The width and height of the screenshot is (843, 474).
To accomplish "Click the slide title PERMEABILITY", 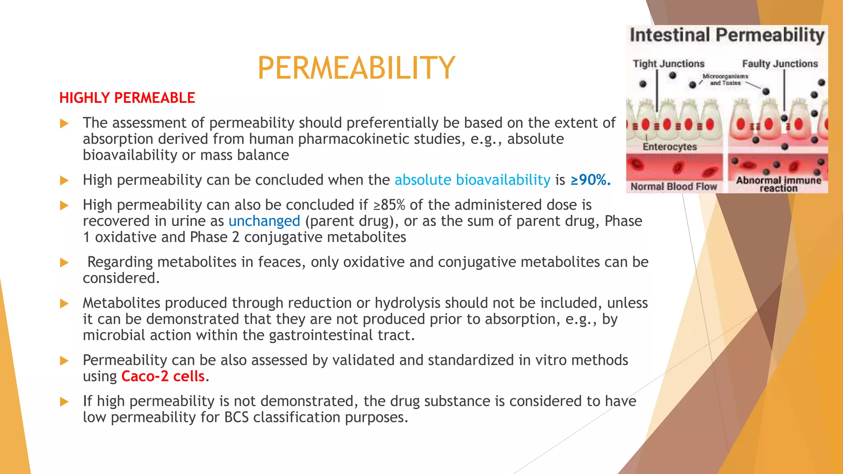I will pyautogui.click(x=356, y=68).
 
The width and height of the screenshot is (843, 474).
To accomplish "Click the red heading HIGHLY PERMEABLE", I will pyautogui.click(x=127, y=98).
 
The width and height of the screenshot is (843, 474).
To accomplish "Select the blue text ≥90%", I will pyautogui.click(x=591, y=180).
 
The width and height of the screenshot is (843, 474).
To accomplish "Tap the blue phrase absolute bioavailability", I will pyautogui.click(x=472, y=180).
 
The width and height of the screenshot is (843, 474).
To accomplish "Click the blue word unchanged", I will pyautogui.click(x=264, y=221).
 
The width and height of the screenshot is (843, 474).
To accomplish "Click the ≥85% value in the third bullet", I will pyautogui.click(x=389, y=205).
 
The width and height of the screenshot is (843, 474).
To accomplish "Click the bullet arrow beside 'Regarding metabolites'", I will pyautogui.click(x=64, y=263).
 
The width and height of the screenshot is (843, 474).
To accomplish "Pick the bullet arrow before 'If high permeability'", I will pyautogui.click(x=64, y=402).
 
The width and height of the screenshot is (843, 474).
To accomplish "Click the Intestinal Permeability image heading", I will pyautogui.click(x=727, y=35).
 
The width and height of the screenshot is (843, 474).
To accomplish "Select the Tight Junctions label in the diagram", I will pyautogui.click(x=668, y=64).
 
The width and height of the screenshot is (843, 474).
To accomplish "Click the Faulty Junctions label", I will pyautogui.click(x=780, y=64).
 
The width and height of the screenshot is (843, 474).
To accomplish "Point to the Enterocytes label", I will pyautogui.click(x=670, y=147).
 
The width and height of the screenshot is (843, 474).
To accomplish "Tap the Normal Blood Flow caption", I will pyautogui.click(x=674, y=187).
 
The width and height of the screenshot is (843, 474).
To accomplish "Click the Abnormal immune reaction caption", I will pyautogui.click(x=778, y=184).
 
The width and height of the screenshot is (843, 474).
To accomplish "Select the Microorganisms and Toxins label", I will pyautogui.click(x=725, y=80).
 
